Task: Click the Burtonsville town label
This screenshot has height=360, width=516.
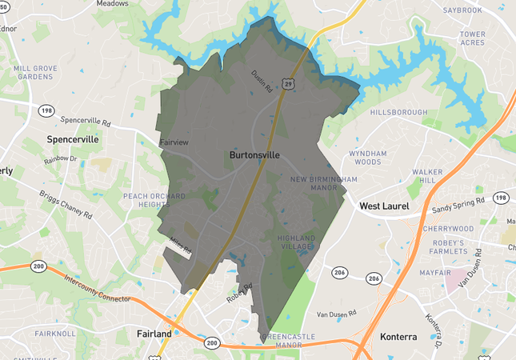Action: [254, 154]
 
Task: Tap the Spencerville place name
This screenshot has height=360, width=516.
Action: [73, 139]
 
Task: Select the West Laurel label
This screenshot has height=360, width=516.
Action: [384, 206]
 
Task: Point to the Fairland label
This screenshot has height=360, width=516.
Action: [154, 334]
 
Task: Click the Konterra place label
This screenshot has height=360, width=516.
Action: [398, 337]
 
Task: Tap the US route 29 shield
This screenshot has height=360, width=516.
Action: [286, 82]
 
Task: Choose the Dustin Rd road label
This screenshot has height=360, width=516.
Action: [259, 82]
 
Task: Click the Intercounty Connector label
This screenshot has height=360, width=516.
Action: [97, 286]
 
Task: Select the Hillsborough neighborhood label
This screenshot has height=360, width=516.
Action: [398, 113]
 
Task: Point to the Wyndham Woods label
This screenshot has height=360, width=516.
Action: [367, 158]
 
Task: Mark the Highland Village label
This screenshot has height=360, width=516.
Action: [297, 242]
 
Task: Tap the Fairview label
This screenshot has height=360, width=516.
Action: [174, 142]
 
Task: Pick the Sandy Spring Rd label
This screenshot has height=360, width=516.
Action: [458, 207]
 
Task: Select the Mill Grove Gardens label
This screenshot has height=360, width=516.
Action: [35, 73]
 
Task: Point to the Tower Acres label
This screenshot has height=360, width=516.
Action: [473, 38]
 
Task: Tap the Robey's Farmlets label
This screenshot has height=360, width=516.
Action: [449, 247]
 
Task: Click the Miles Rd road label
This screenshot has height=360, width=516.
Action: [180, 246]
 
